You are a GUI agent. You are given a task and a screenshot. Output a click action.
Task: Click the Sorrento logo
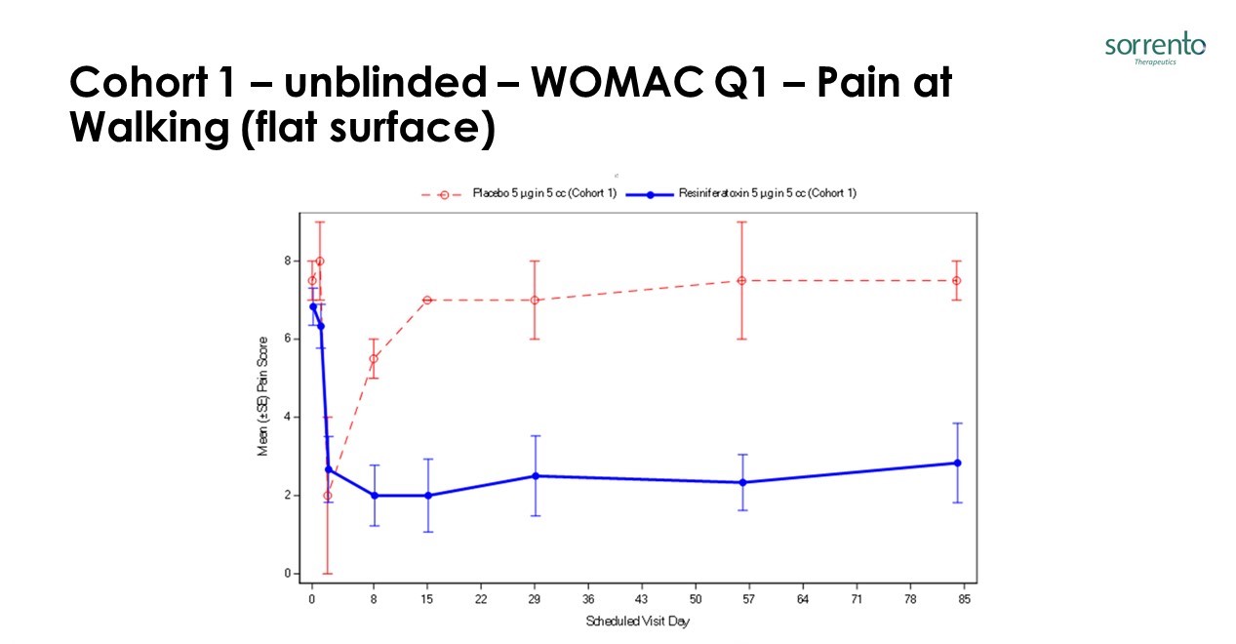coord(1155,49)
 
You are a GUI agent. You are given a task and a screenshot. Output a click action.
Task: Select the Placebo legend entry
coord(518,193)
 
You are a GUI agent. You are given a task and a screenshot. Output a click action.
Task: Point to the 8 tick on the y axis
coord(289,261)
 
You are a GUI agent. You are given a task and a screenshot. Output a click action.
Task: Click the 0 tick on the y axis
coord(289,574)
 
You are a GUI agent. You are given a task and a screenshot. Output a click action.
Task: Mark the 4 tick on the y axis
coord(289,417)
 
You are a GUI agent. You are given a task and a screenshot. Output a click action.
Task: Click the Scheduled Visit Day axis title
coord(637,622)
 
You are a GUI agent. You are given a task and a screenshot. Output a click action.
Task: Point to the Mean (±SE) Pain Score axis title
coord(262,418)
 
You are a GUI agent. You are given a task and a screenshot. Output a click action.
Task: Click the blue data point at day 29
coord(535,476)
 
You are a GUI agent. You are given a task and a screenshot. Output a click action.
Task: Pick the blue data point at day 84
coord(957,463)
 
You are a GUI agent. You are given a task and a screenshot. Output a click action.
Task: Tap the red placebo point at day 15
coord(427,300)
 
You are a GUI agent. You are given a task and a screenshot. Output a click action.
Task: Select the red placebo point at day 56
coord(742,280)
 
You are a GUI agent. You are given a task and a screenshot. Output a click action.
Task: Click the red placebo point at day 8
coord(374,358)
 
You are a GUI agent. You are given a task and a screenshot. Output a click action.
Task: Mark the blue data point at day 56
coord(742,482)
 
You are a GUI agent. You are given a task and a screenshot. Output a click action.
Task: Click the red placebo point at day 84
coord(957,280)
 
